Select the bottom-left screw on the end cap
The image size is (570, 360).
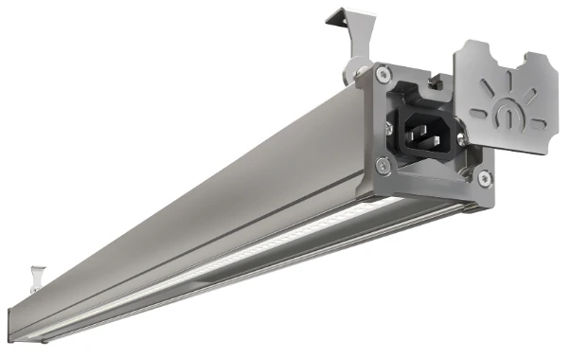click(x=382, y=165)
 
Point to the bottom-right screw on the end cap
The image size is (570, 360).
click(x=485, y=177)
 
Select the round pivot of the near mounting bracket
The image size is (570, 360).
click(x=358, y=68)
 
